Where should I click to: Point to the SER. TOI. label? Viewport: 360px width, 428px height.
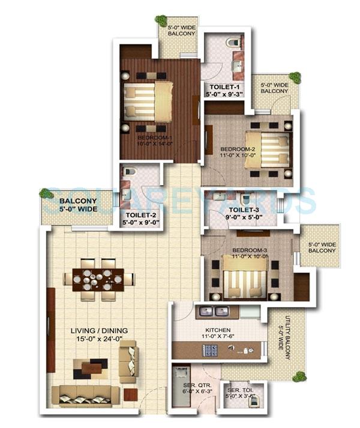click(239, 393)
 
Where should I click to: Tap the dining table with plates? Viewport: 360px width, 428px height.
click(98, 279)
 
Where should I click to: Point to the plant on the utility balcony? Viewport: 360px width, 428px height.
click(296, 376)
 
